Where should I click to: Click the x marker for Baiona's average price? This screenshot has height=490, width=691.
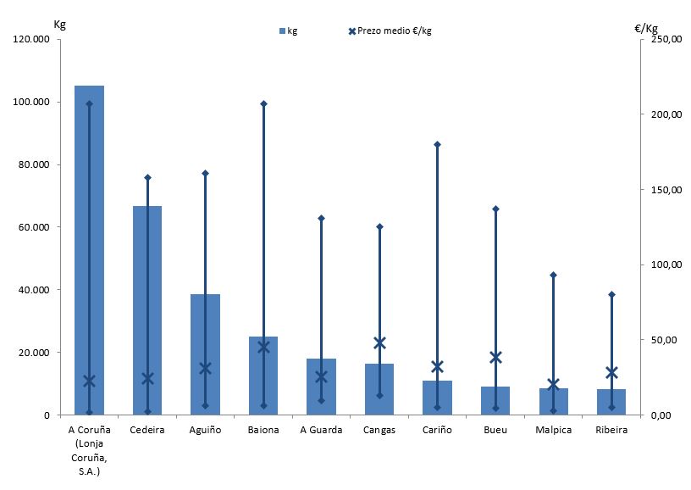(263, 346)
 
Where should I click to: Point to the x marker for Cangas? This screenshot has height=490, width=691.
(379, 342)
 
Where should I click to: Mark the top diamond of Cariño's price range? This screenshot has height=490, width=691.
(437, 145)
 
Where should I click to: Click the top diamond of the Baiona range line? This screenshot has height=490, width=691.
(263, 103)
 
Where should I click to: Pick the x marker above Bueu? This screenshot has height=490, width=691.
(495, 357)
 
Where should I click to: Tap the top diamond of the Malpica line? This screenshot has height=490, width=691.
(553, 275)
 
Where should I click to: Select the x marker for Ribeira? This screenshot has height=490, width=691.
(611, 372)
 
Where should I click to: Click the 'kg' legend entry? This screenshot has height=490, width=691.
(287, 31)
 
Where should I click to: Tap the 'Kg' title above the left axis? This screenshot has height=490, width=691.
(59, 23)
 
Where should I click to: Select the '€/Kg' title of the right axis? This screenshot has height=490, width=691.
(645, 28)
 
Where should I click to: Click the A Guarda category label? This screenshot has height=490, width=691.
(321, 430)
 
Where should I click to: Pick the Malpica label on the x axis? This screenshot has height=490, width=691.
(553, 430)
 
